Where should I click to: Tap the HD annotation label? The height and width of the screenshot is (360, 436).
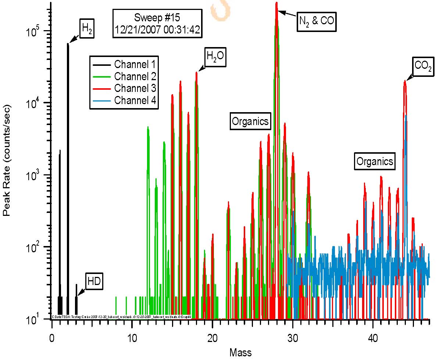(x=94, y=282)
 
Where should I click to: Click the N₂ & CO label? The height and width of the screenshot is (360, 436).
(x=317, y=21)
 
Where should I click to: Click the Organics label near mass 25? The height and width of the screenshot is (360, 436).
(x=250, y=122)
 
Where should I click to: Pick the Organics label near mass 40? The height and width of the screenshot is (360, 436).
(x=375, y=161)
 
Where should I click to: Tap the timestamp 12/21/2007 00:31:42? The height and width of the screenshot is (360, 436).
(x=157, y=30)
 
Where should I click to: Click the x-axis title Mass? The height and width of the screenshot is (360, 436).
(x=240, y=353)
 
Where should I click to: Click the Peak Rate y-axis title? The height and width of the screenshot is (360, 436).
(x=7, y=160)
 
